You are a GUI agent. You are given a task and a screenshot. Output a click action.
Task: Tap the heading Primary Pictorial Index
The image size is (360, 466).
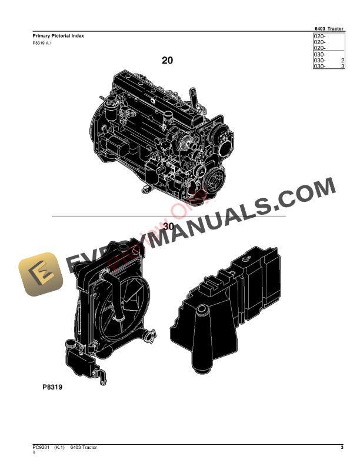tap(58, 36)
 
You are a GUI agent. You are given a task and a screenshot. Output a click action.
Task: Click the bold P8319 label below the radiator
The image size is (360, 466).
tap(52, 388)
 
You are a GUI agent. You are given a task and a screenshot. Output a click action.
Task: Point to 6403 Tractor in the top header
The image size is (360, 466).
tap(329, 28)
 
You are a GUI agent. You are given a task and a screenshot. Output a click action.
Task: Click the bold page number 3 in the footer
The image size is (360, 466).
tap(342, 448)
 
